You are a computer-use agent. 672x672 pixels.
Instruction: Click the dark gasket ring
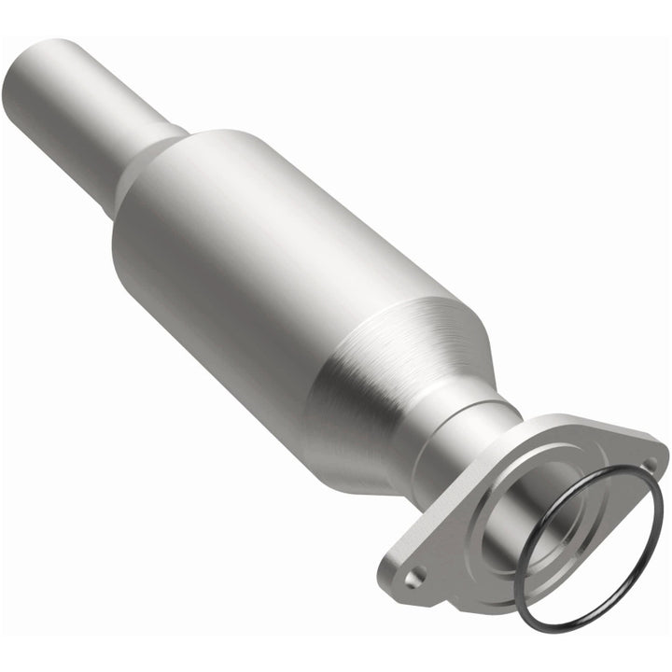click(x=653, y=541)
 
